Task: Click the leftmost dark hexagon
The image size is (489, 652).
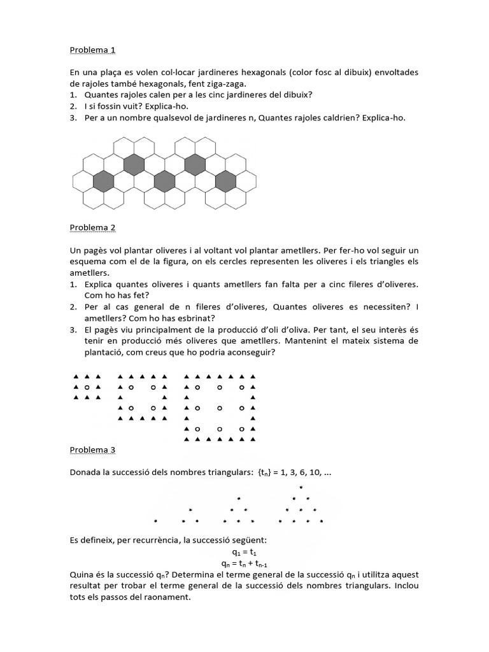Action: [103, 181]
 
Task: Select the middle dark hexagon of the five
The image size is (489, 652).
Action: [164, 181]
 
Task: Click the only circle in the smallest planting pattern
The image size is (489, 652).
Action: [87, 386]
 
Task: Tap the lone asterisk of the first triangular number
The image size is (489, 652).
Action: [155, 521]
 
